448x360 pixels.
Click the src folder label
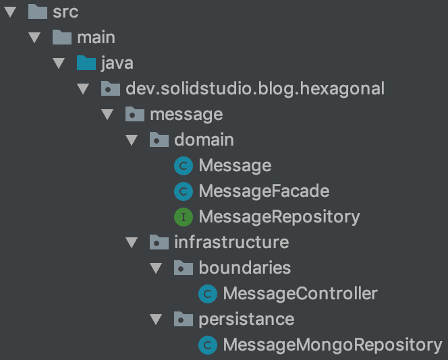tap(65, 12)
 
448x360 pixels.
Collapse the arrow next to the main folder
tap(35, 38)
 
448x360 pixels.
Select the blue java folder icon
tap(86, 63)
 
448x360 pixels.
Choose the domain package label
tap(204, 140)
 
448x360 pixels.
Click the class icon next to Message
tap(183, 166)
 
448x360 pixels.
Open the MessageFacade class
tap(264, 191)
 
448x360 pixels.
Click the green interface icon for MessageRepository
tap(183, 217)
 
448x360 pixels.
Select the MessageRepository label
tap(279, 217)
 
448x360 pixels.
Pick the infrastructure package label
tap(231, 242)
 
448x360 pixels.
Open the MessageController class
tap(300, 294)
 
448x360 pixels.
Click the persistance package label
tap(246, 319)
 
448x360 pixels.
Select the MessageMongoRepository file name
tap(332, 345)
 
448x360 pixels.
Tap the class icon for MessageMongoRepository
tap(207, 345)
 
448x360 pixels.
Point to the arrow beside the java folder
tap(59, 63)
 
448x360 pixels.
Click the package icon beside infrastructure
tap(159, 242)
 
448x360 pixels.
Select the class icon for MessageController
tap(207, 294)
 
